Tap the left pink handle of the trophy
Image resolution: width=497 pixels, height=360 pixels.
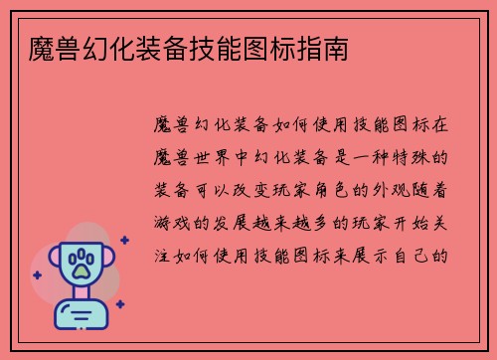(x=51, y=264)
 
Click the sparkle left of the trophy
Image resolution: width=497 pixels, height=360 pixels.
(x=37, y=274)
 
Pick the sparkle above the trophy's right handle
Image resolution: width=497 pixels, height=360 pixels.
(x=123, y=240)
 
